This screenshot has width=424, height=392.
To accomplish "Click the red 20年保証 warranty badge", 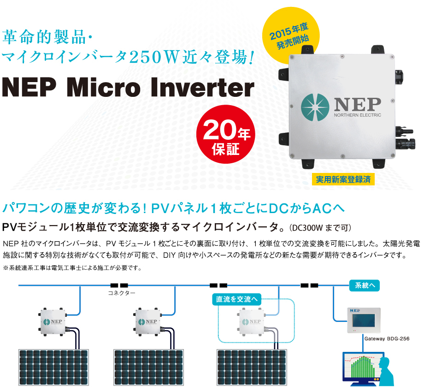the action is (226, 134).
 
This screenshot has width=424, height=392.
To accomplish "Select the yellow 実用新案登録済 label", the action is (343, 179).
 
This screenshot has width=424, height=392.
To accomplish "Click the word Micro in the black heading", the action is (104, 87).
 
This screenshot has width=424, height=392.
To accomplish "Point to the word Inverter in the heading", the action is (202, 87).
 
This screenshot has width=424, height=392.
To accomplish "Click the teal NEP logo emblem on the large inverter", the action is (315, 107).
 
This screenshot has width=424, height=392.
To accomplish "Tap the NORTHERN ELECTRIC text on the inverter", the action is (358, 115).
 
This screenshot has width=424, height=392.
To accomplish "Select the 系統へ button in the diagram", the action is (364, 285).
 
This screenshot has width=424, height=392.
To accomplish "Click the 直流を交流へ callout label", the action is (236, 299).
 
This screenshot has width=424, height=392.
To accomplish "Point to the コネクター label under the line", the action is (121, 293).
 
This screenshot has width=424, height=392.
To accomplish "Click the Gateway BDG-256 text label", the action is (387, 339).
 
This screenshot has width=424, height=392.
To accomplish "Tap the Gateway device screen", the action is (364, 321).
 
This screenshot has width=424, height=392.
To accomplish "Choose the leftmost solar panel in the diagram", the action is (53, 367).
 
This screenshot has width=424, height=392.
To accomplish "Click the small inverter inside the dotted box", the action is (252, 322).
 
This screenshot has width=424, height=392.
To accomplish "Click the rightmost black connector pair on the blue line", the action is (309, 285).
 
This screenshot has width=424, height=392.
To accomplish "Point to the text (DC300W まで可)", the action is (320, 228).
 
